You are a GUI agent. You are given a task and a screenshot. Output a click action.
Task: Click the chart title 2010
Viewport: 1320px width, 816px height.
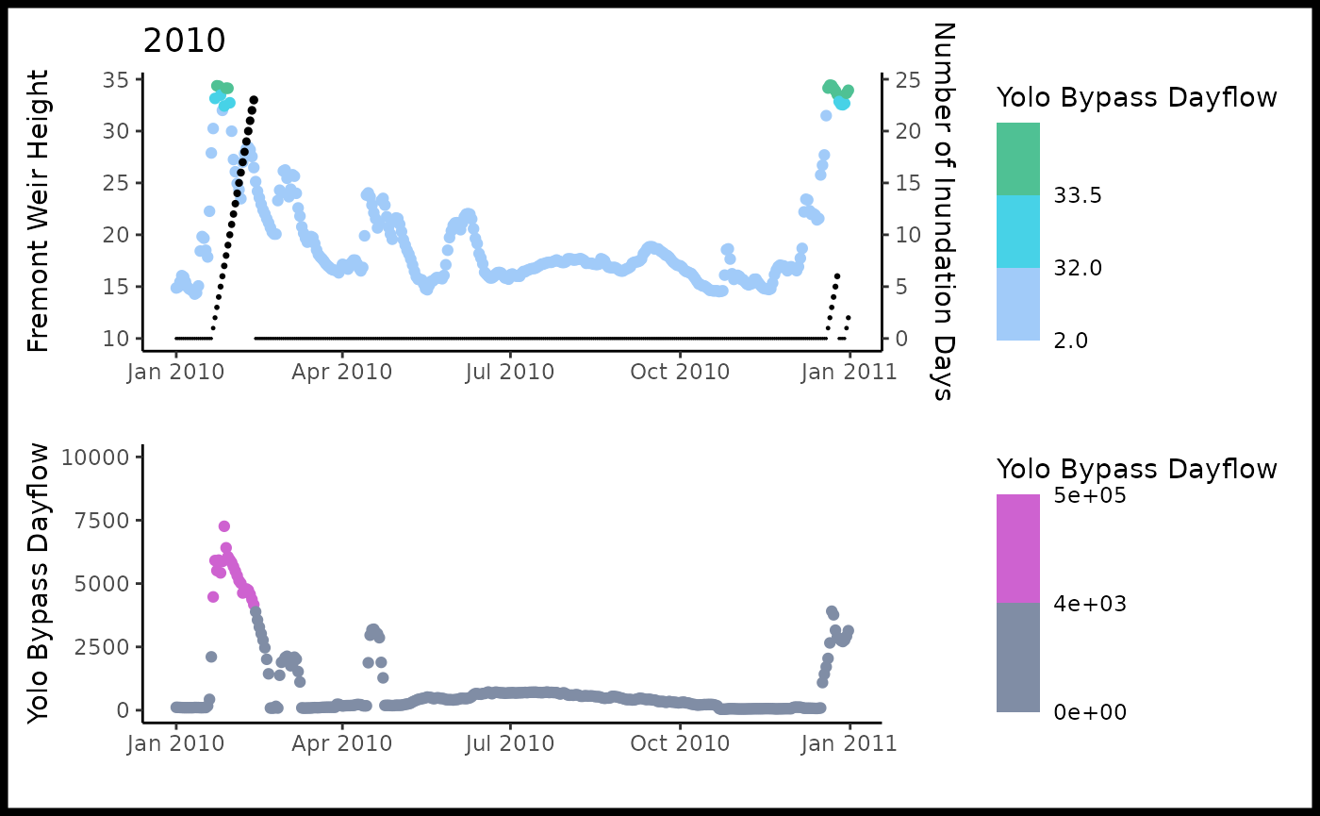[184, 42]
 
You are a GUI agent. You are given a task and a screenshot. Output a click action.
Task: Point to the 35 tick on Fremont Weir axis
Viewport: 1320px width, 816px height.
[117, 79]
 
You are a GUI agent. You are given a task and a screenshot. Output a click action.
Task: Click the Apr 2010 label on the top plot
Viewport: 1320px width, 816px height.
[342, 372]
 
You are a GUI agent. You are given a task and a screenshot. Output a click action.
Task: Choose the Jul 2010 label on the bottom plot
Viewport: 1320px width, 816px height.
[510, 743]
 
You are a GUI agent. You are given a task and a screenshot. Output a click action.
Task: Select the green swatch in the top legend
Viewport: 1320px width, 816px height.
[1018, 158]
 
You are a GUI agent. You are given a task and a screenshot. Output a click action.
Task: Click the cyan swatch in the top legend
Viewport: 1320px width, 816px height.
[1018, 231]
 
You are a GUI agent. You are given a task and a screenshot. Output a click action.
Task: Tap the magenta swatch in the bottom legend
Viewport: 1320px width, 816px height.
[1018, 548]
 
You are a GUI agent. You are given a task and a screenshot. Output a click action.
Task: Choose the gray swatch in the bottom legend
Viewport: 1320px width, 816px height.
[1018, 658]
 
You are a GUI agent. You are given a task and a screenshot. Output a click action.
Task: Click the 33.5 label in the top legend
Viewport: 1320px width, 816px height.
[1079, 195]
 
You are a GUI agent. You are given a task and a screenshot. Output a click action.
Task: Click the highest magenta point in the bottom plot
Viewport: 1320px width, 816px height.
[224, 526]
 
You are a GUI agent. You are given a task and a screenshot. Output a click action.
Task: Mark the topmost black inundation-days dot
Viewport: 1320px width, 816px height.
[254, 99]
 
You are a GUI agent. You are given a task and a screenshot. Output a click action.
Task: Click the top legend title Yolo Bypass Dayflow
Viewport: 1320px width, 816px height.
[1137, 97]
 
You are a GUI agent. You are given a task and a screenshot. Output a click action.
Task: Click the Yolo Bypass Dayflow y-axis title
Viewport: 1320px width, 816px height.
[38, 586]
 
